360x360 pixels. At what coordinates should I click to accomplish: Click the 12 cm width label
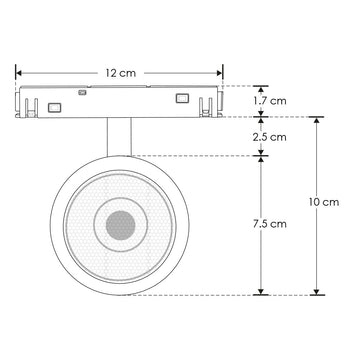pos(120,72)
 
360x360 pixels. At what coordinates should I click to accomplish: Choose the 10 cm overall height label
pos(325,202)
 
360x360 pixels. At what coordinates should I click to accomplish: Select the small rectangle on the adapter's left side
pos(55,107)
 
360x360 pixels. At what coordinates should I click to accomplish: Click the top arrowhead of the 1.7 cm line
pos(262,89)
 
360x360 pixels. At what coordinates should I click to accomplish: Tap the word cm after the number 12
pos(127,72)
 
